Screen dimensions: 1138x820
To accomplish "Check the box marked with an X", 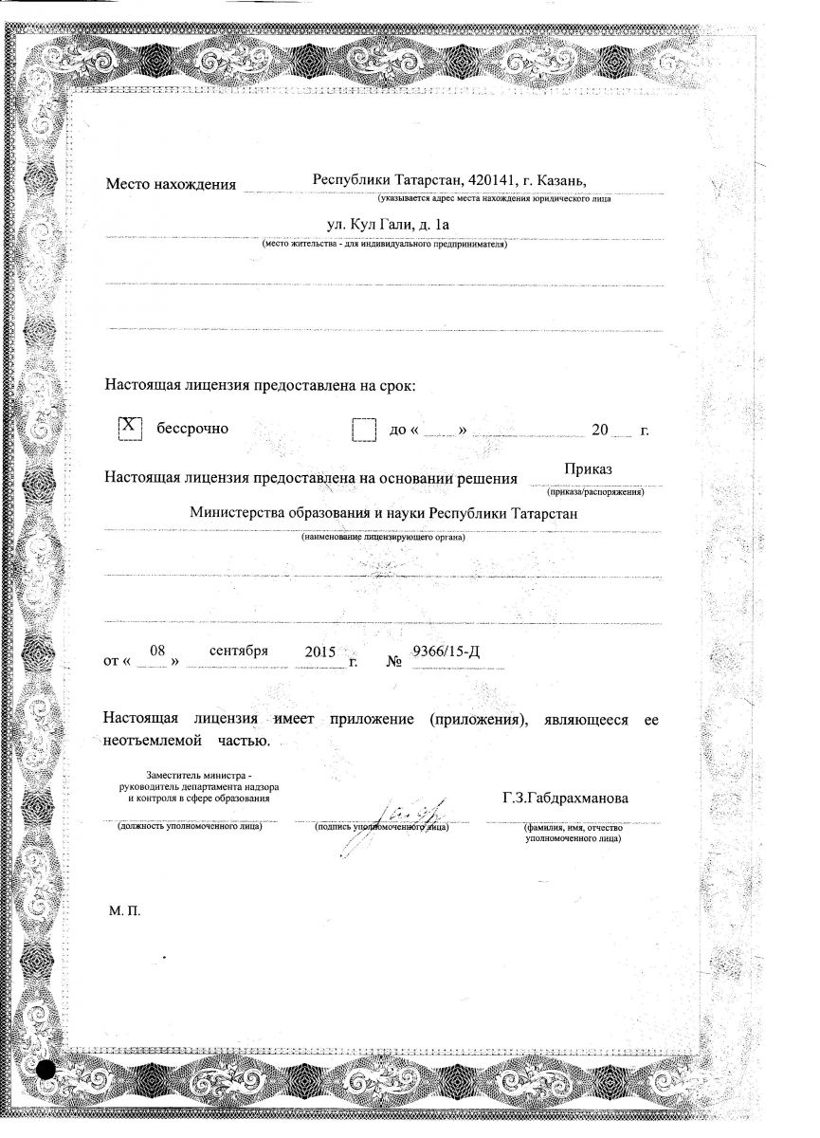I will pos(130,429).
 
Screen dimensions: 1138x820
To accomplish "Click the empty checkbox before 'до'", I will pos(364,430).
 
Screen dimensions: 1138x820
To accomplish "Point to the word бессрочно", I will pos(192,429).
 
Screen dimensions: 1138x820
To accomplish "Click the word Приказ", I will pos(589,469).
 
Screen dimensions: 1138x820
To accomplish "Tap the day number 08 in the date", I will pos(158,652).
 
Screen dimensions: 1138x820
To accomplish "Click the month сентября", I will pos(239,651).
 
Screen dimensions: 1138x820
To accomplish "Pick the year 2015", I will pos(321,652).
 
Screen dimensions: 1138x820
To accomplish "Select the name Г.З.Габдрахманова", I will pos(565,798).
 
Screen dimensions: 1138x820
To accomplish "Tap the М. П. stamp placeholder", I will pos(124,911).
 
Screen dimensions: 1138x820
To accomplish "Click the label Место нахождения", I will pos(171,184).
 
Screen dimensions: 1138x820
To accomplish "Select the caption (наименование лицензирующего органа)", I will pos(384,538).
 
